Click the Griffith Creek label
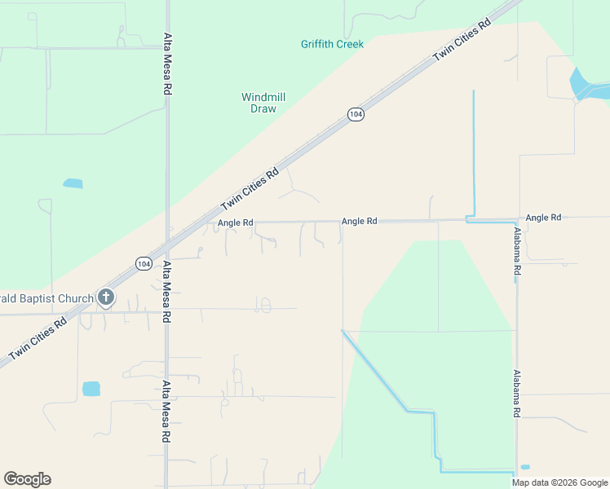coord(332,44)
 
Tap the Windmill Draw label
coord(263,103)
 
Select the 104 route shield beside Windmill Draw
coord(356,115)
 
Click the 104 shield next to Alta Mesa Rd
coord(144,263)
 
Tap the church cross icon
coord(106,297)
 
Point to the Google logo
coord(27,479)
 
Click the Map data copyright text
coord(559,482)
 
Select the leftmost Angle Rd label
coord(236,222)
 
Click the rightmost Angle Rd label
coord(543,218)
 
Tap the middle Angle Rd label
coord(359,221)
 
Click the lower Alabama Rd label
coord(517,393)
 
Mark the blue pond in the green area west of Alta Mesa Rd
coord(73,183)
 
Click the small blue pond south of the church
coord(91,389)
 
